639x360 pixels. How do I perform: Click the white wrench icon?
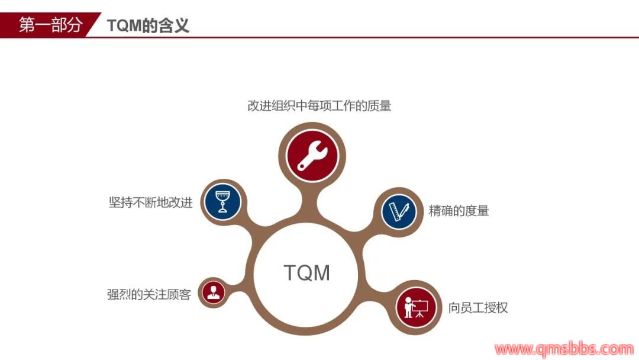(312, 156)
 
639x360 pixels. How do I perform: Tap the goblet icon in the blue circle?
(222, 201)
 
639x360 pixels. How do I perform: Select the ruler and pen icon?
(399, 211)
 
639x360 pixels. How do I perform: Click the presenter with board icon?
(416, 307)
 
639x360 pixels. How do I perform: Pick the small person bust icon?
(213, 292)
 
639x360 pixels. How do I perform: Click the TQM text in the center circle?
(306, 273)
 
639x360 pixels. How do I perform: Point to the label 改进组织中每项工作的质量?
(319, 106)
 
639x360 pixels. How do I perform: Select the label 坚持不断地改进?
(150, 202)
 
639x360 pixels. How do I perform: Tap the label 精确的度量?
(459, 211)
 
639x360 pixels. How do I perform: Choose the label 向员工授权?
(478, 307)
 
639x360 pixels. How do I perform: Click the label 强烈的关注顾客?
(149, 294)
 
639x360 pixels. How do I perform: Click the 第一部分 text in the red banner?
(50, 25)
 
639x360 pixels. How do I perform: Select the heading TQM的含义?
(148, 25)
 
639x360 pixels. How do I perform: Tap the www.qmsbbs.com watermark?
(564, 349)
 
